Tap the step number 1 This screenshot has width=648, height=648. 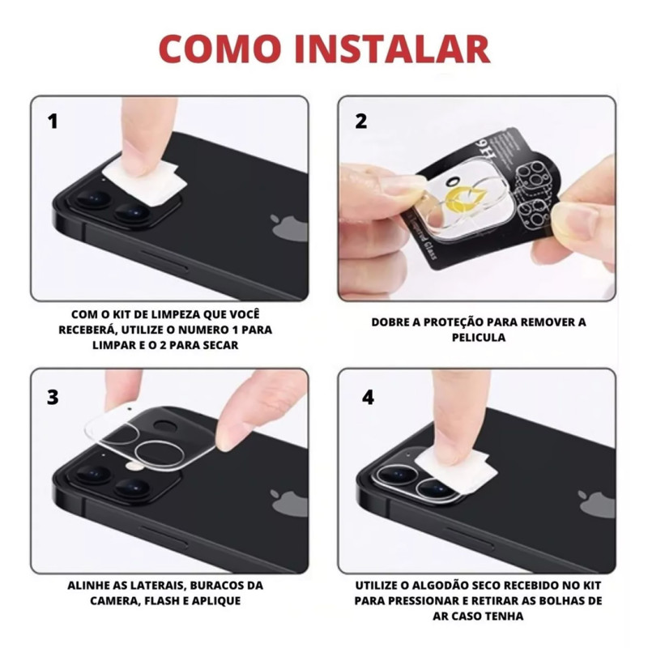(x=53, y=121)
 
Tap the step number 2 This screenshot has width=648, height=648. (x=360, y=121)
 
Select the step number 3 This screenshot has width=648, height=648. (x=53, y=397)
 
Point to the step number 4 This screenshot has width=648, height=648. (x=368, y=397)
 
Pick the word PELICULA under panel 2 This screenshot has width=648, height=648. (x=479, y=337)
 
